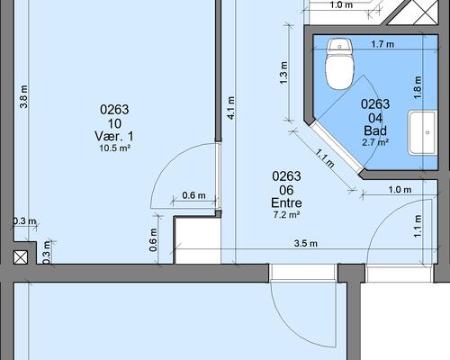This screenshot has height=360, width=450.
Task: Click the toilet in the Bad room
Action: (339, 64)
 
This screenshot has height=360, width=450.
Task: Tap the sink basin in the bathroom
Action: (423, 132)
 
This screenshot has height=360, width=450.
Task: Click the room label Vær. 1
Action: (114, 137)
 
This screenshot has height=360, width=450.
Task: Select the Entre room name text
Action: (286, 203)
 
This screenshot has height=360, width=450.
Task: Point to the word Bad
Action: (375, 130)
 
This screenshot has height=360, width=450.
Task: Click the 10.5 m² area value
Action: (114, 148)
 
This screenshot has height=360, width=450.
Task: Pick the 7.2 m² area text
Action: (286, 215)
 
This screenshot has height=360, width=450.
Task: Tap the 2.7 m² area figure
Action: (375, 142)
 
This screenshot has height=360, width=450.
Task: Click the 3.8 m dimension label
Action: (23, 96)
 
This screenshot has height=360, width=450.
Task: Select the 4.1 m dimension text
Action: (231, 108)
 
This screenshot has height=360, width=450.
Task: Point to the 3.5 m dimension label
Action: (305, 243)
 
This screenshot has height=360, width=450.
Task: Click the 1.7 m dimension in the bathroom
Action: (382, 44)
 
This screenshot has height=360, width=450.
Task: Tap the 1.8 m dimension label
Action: (418, 87)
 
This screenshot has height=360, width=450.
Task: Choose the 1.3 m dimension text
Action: (283, 73)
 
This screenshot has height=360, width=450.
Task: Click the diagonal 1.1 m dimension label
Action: (325, 158)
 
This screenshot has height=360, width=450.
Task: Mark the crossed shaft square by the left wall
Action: (21, 257)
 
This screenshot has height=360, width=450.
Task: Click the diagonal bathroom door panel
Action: (337, 147)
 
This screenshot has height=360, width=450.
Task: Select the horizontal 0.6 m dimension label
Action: (193, 195)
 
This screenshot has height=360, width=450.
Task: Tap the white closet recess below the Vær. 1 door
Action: (198, 241)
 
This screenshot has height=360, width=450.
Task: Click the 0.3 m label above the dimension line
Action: (24, 221)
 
